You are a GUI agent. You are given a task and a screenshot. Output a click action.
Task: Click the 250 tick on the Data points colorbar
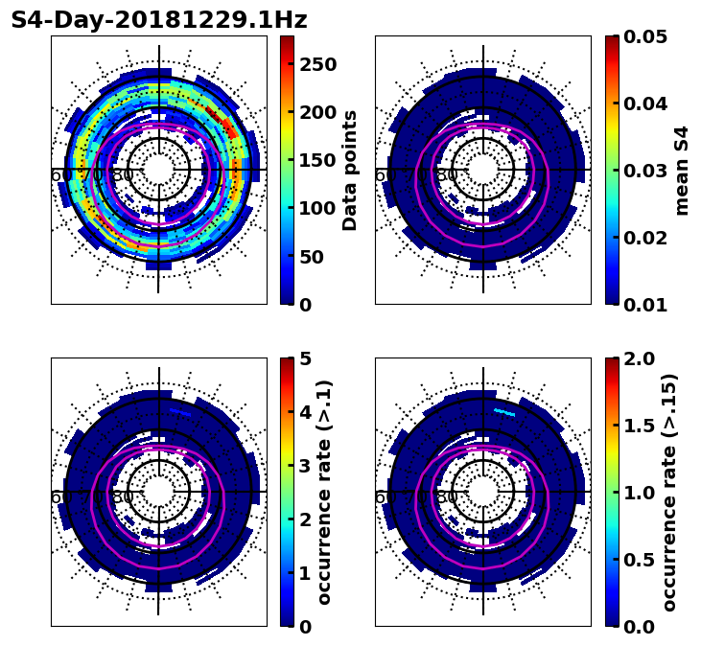[315, 64]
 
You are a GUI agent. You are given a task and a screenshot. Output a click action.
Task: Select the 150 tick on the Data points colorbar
[315, 160]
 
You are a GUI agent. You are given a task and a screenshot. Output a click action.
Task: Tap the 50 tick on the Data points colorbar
[315, 257]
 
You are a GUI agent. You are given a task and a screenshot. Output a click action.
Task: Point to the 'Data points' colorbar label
[350, 170]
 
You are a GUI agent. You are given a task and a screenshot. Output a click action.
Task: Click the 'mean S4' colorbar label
[682, 170]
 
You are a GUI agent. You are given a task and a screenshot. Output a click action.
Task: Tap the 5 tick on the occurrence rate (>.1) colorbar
[306, 358]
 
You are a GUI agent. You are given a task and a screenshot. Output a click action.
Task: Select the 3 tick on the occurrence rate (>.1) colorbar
[306, 466]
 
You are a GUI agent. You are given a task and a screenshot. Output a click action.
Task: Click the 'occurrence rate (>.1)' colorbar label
[324, 492]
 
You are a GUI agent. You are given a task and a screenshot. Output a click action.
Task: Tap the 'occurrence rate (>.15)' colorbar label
[670, 492]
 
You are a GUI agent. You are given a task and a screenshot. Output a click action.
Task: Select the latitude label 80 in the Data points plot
[123, 175]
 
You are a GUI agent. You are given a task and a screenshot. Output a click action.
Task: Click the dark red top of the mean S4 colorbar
[611, 40]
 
